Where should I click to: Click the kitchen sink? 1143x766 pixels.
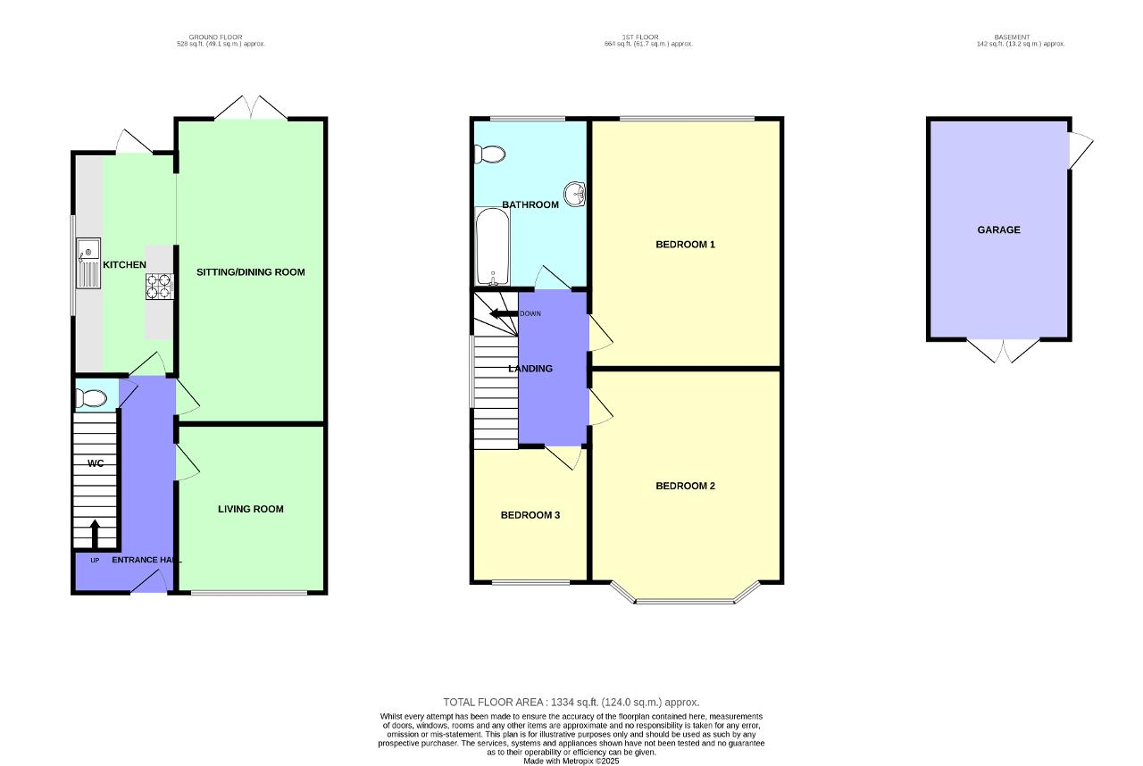coord(89,263)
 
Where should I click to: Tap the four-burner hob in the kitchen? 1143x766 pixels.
coord(158,286)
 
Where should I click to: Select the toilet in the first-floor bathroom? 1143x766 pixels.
coord(490,154)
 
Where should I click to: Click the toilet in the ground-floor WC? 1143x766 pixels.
coord(89,398)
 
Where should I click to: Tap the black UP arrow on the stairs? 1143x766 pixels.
coord(95,534)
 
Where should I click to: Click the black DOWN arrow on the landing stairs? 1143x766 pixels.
coord(504,313)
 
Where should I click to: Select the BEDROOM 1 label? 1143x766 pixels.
coord(685,245)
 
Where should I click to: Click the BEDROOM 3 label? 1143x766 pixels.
coord(530,515)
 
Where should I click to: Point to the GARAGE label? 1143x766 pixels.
coord(998,230)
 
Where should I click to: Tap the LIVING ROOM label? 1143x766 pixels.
coord(251,509)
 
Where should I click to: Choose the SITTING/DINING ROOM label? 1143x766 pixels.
coord(251,272)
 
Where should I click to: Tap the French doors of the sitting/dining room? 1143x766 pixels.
coord(251,108)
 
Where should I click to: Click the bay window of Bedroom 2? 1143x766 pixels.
coord(686,598)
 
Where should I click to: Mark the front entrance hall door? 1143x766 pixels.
coord(149,581)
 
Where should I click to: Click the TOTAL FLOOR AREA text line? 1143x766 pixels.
coord(571,703)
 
